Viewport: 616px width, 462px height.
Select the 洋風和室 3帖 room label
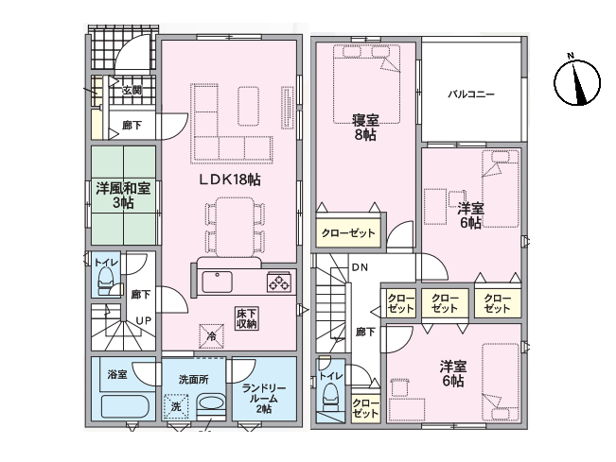[122, 195]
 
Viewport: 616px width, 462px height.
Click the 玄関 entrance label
[132, 91]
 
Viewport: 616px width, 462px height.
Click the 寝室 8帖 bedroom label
[365, 127]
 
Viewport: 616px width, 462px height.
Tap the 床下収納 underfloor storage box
[247, 318]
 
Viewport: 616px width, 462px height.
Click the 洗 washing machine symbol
[175, 406]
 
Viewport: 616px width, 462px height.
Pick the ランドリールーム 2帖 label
[264, 397]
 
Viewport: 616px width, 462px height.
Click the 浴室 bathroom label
[117, 375]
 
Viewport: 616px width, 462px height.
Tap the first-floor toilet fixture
[106, 281]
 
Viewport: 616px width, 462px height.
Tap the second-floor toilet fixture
[330, 400]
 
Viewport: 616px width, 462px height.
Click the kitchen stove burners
[280, 282]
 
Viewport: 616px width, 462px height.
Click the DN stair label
[360, 267]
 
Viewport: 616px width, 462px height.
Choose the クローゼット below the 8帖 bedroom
[347, 232]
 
